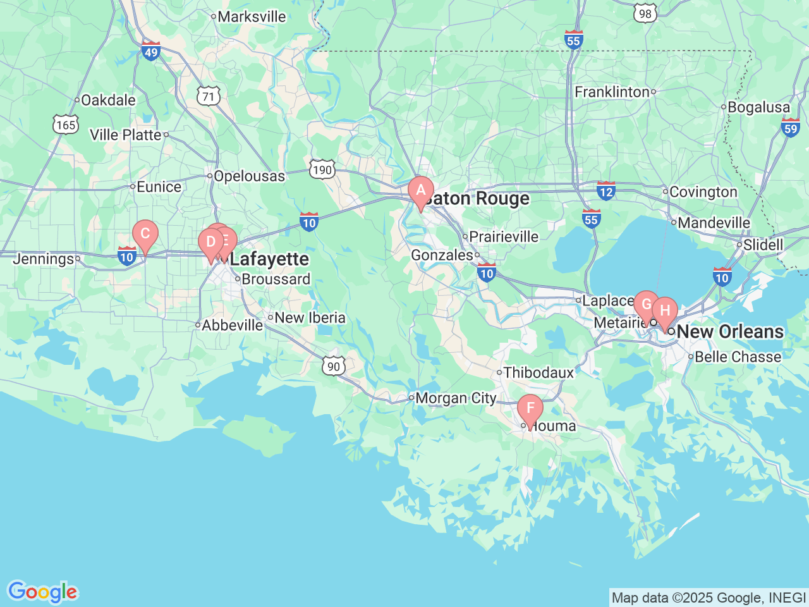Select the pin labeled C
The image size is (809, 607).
[145, 234]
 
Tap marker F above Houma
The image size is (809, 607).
[530, 408]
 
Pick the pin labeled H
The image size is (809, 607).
[665, 311]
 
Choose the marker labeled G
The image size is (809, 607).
[646, 305]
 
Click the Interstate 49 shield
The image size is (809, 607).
[151, 51]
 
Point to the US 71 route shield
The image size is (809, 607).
[209, 96]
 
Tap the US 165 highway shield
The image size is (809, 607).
[66, 124]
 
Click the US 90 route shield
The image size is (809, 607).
[334, 366]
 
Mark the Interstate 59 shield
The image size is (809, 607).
[790, 128]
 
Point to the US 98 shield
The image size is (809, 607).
[645, 13]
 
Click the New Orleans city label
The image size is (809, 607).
[729, 331]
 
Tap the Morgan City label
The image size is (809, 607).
[456, 398]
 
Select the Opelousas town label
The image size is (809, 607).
[249, 176]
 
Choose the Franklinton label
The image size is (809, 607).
[612, 92]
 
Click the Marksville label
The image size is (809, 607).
[252, 17]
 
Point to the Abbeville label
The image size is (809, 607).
[232, 325]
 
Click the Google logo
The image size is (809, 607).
[42, 592]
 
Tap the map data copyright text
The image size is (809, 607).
[709, 598]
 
